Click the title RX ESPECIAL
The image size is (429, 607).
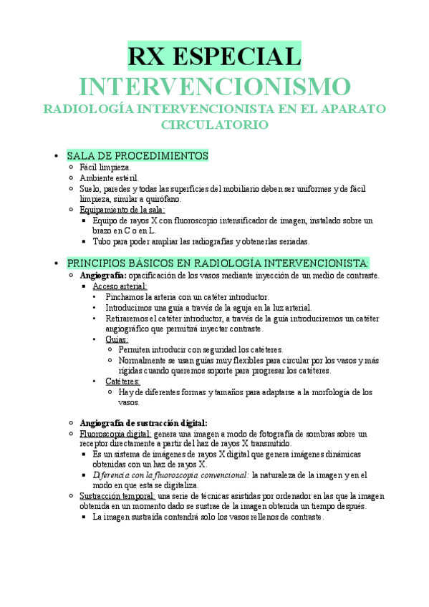[x=214, y=57]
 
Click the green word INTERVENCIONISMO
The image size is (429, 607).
[x=214, y=87]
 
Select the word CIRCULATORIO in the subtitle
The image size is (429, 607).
[x=215, y=125]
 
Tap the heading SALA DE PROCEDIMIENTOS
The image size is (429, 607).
[x=138, y=155]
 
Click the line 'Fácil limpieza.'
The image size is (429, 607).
[x=105, y=167]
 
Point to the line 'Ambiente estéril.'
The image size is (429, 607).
[x=110, y=178]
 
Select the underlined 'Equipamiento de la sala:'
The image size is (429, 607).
[x=122, y=210]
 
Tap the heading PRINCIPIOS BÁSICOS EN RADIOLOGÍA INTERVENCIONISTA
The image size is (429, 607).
[x=217, y=263]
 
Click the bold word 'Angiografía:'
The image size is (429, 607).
[x=103, y=275]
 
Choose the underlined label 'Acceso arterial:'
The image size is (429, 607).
[x=120, y=286]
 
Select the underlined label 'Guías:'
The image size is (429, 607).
[x=117, y=339]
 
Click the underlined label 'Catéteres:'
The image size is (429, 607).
[x=122, y=382]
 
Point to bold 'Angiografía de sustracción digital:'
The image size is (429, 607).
[x=144, y=423]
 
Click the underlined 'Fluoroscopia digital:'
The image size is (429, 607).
[x=115, y=434]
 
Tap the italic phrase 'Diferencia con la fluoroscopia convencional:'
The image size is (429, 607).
[x=170, y=475]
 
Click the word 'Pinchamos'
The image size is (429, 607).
[x=125, y=296]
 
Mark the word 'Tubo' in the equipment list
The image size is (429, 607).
[x=102, y=241]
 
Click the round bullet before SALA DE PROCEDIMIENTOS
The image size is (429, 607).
[x=55, y=156]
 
